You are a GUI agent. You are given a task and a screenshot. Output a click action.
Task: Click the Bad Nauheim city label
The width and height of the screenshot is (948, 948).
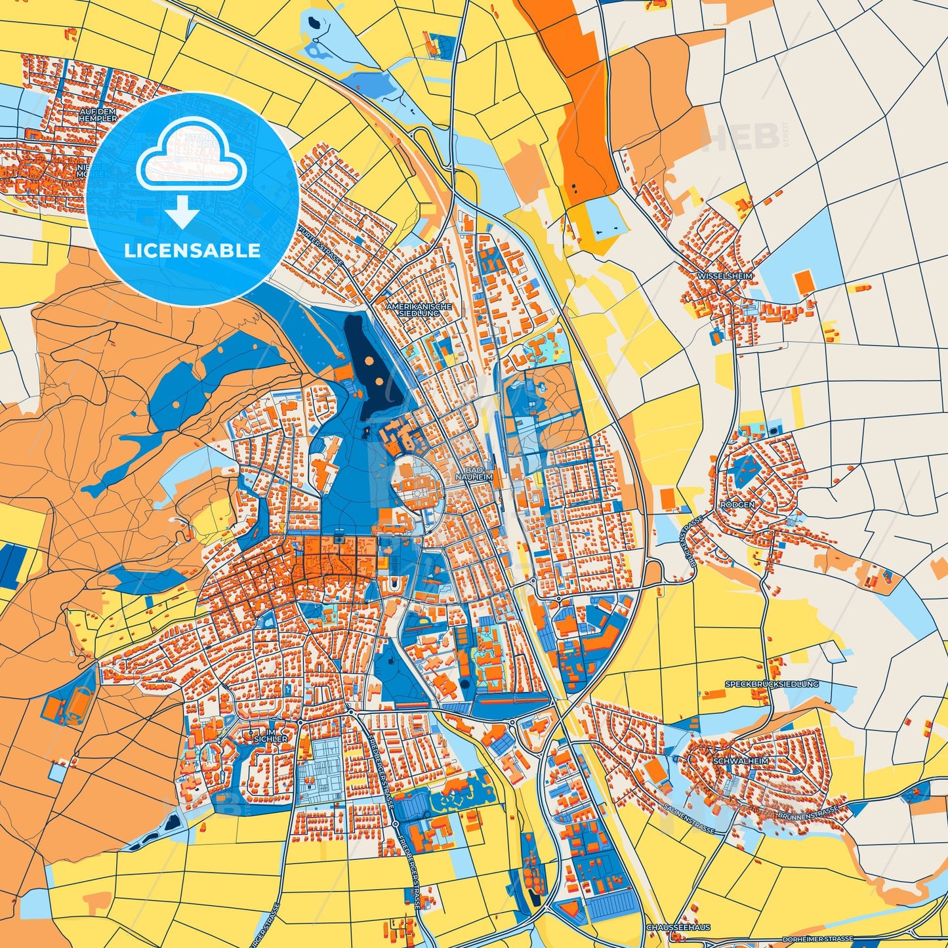(x=477, y=475)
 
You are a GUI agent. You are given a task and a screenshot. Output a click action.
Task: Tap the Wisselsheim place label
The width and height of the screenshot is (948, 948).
(x=725, y=276)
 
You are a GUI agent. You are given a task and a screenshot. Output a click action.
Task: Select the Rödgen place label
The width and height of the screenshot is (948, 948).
(x=737, y=505)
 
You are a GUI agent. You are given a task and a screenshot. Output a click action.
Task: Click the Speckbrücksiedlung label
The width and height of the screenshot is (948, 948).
(x=772, y=684)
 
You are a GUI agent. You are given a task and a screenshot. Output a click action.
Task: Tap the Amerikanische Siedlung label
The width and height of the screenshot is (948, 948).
(x=419, y=310)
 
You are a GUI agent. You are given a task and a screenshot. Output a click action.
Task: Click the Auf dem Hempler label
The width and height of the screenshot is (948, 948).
(x=98, y=115)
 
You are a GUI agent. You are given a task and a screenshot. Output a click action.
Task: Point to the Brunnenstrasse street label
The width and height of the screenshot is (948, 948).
(x=808, y=814)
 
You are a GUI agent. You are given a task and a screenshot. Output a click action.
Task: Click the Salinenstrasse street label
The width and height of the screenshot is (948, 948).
(x=688, y=819)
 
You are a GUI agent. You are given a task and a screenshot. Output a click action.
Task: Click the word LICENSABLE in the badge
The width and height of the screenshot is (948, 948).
(x=192, y=251)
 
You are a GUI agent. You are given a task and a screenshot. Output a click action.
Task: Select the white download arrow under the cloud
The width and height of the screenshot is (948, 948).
(x=182, y=212)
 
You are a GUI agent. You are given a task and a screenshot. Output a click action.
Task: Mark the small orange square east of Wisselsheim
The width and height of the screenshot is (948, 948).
(x=803, y=283)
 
